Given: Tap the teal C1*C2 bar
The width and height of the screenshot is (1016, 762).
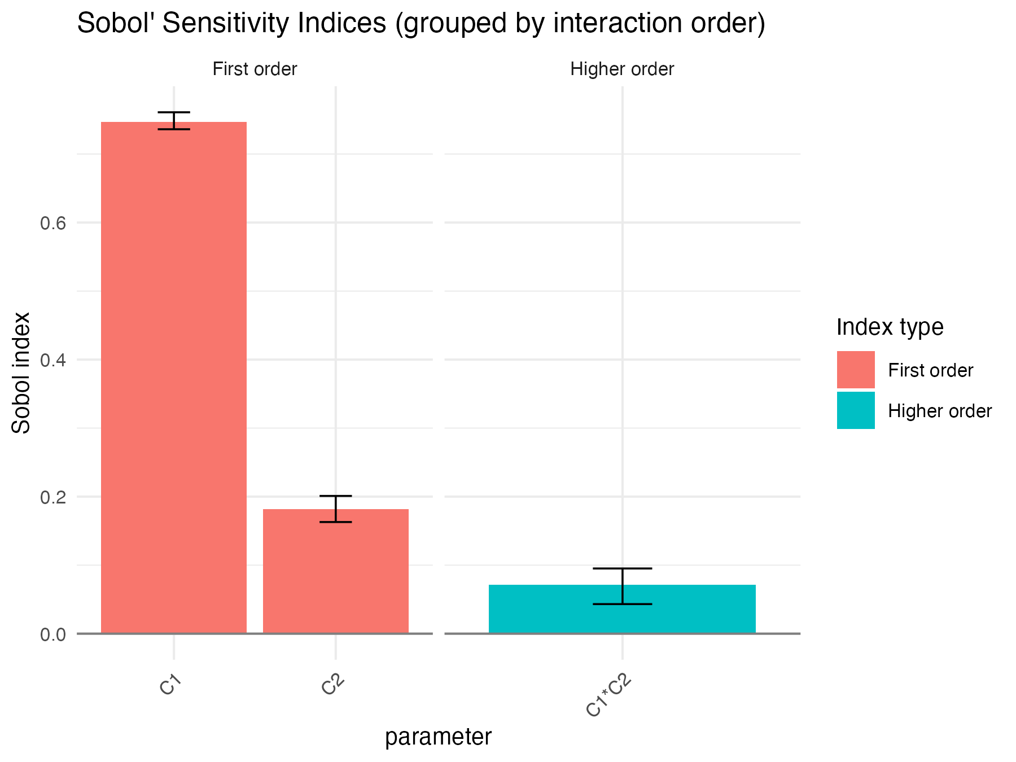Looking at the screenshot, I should point(622,610).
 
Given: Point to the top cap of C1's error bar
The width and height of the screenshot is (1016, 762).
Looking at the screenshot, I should point(174,112).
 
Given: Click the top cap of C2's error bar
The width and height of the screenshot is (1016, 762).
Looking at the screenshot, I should point(336,496).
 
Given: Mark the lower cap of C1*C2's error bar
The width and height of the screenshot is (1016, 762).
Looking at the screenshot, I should point(622,604).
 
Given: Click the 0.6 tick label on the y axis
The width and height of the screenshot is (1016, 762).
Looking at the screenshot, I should point(53,223).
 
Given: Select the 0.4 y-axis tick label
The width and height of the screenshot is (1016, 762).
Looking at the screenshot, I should point(53,360).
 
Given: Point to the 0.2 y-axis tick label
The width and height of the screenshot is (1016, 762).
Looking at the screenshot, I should point(53,497).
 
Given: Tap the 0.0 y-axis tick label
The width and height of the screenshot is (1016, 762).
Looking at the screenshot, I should point(53,634).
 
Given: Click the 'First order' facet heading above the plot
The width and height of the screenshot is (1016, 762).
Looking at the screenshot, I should point(255,69).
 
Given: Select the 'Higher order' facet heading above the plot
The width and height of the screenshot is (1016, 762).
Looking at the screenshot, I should point(622,69).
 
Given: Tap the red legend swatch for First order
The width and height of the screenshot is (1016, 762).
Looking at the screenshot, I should point(856,370).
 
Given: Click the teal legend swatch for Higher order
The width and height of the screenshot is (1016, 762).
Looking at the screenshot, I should point(856,410).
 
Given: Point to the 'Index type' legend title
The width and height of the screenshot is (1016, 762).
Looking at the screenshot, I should point(890,327).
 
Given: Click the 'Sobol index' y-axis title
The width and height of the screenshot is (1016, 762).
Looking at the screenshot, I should point(21,373).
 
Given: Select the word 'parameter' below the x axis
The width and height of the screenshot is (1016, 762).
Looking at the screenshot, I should point(438,737).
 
